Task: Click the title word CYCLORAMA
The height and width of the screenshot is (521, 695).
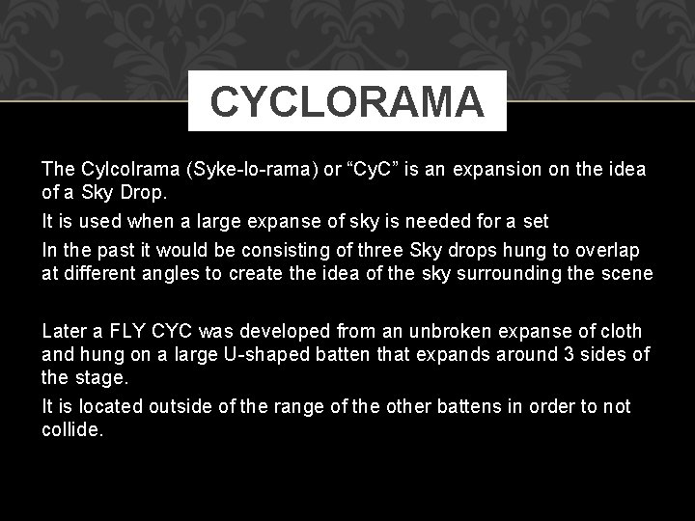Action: [x=347, y=101]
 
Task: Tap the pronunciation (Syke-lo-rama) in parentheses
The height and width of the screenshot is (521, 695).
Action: [x=247, y=170]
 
